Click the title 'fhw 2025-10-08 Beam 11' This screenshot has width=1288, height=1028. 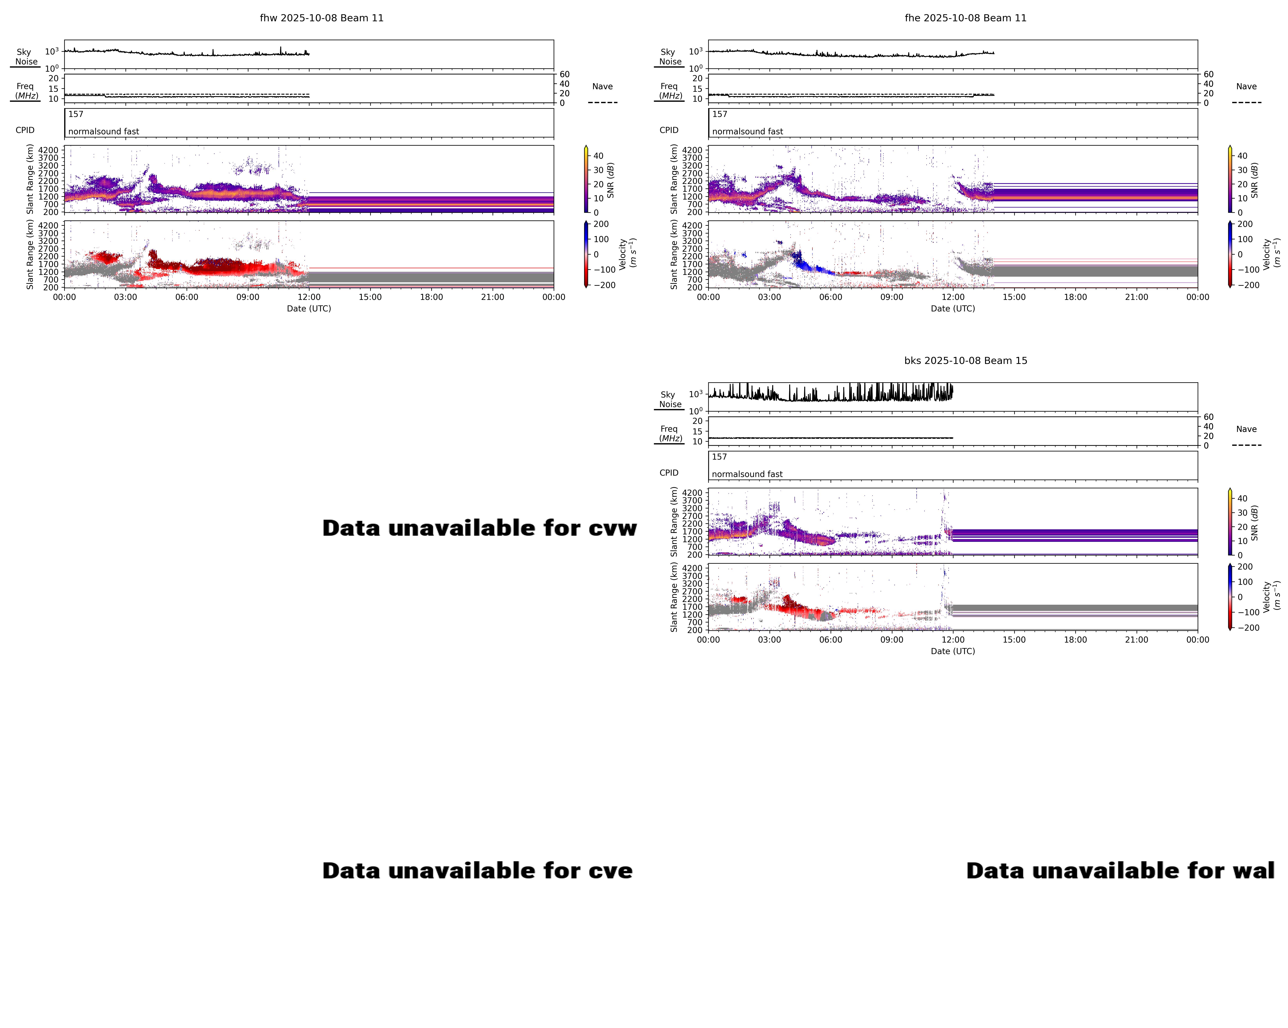pos(321,18)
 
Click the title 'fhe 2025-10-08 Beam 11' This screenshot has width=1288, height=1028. pos(965,18)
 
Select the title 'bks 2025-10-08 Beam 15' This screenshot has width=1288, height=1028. pos(965,360)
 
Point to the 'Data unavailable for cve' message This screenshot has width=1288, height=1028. pos(477,871)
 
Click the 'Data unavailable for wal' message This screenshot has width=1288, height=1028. pos(1120,871)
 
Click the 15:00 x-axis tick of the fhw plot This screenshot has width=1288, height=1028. pos(370,297)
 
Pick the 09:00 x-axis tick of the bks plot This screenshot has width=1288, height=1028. pos(891,639)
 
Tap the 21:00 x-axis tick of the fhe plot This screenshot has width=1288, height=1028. pos(1136,297)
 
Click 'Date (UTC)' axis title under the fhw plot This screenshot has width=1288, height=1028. pos(309,308)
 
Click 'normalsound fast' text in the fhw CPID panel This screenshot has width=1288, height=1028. pos(103,131)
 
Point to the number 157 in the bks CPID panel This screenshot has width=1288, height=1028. pos(719,457)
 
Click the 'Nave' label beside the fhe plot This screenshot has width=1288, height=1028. pos(1246,87)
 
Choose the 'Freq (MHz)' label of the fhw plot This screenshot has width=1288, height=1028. pos(26,91)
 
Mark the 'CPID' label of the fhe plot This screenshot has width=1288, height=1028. pos(669,130)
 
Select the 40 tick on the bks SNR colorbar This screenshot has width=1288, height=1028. pos(1242,498)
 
